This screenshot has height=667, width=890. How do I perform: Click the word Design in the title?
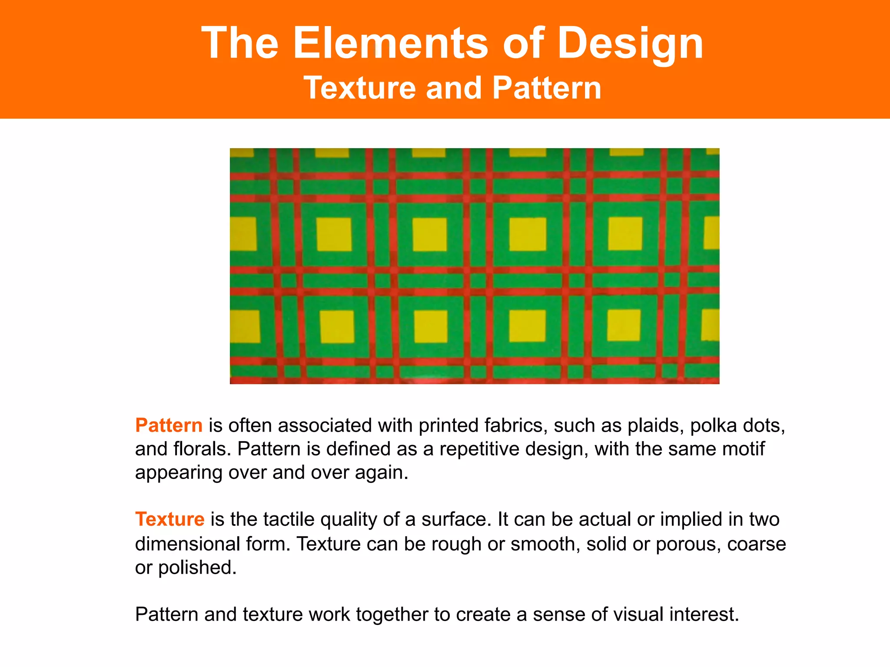coord(630,43)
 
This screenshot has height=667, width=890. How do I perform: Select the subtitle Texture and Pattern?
coord(452,88)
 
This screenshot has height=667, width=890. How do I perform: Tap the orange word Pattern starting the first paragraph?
coord(169,425)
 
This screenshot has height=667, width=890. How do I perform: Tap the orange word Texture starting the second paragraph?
coord(169,519)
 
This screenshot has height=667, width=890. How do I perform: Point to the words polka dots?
coord(737,426)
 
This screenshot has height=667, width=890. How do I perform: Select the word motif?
coord(744,449)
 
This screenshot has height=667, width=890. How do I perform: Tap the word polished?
coord(197,568)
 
